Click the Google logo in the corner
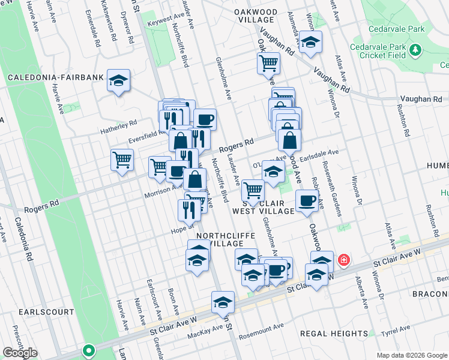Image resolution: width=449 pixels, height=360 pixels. [20, 353]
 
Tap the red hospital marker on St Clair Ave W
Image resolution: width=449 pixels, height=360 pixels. [343, 260]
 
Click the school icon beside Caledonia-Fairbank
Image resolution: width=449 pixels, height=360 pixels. [119, 80]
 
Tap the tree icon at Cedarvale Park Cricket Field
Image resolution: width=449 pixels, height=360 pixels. [415, 49]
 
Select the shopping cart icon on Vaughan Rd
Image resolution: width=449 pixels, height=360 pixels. [268, 63]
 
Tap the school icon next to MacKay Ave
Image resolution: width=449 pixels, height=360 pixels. [223, 302]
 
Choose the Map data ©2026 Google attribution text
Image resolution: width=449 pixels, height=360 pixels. [411, 355]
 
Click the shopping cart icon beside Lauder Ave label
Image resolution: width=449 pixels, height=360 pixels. [253, 191]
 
